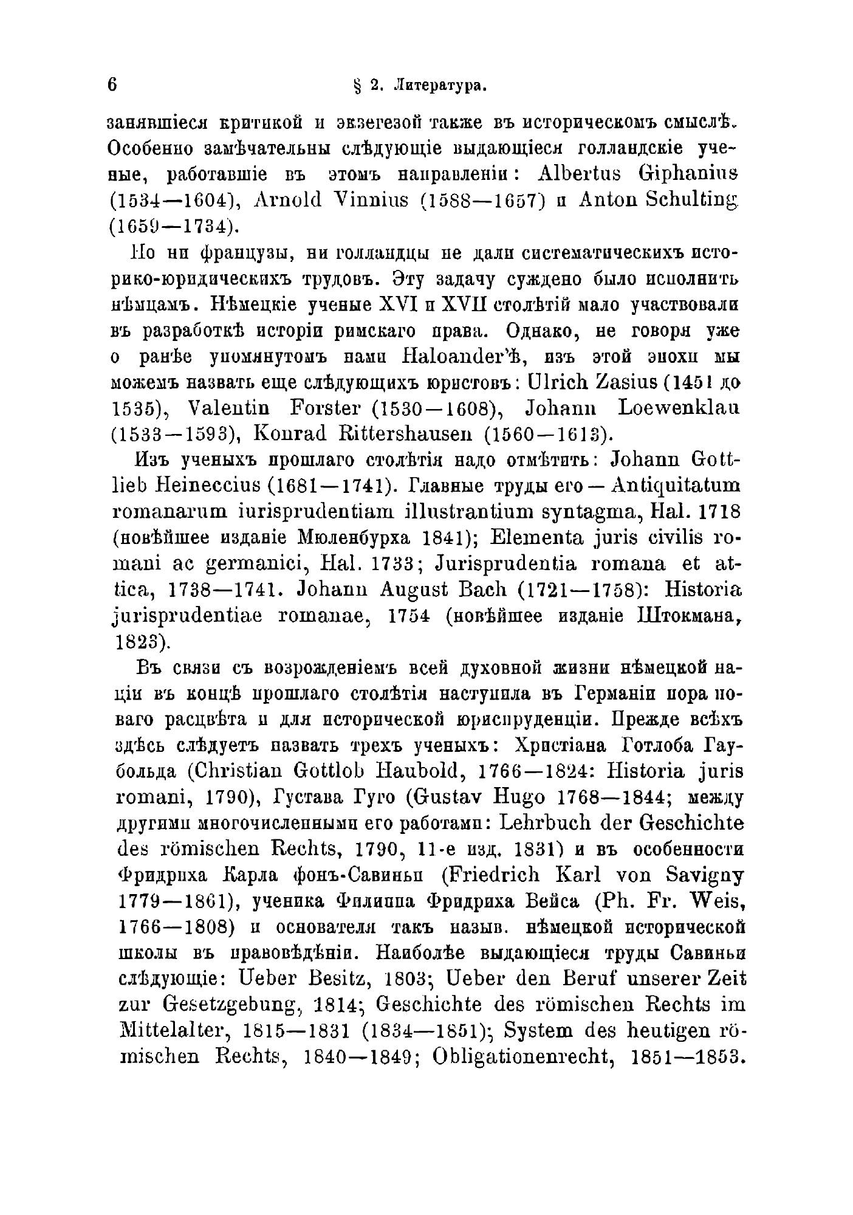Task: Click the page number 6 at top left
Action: [x=112, y=85]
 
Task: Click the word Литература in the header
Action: [x=441, y=86]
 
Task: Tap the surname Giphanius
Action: [x=682, y=174]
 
